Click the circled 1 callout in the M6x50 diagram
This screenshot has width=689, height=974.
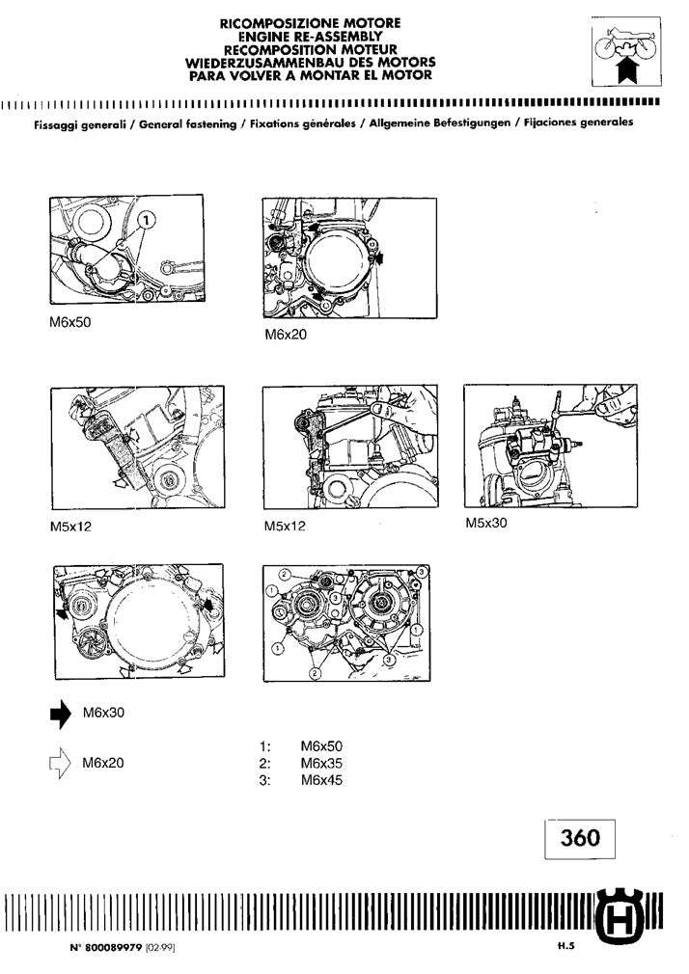[x=145, y=220]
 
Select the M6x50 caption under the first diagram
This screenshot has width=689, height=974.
[x=69, y=323]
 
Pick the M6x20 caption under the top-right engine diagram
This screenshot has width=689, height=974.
[x=284, y=337]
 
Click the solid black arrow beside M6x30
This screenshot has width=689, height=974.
[x=60, y=713]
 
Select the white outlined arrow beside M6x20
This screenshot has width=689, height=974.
[x=60, y=764]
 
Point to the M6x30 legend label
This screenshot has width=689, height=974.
[x=102, y=713]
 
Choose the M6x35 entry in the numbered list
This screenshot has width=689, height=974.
[x=321, y=763]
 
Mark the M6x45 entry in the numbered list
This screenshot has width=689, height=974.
[x=321, y=780]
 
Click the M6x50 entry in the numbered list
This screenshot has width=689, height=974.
[x=321, y=745]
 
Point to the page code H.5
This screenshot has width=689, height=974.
[x=565, y=947]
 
